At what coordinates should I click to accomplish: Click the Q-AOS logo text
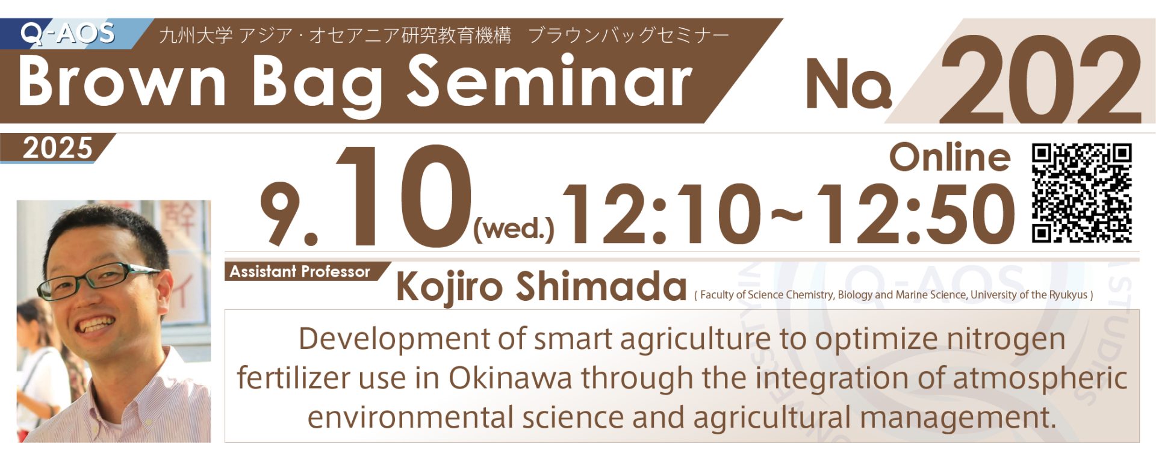[67, 33]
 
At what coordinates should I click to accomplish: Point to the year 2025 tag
[58, 148]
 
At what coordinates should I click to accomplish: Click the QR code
[1082, 193]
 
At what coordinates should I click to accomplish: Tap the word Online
[949, 158]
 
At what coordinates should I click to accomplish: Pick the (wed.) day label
[514, 229]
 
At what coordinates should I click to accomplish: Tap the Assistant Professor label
[300, 271]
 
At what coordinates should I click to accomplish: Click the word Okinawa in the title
[511, 378]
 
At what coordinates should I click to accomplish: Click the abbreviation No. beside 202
[848, 84]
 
